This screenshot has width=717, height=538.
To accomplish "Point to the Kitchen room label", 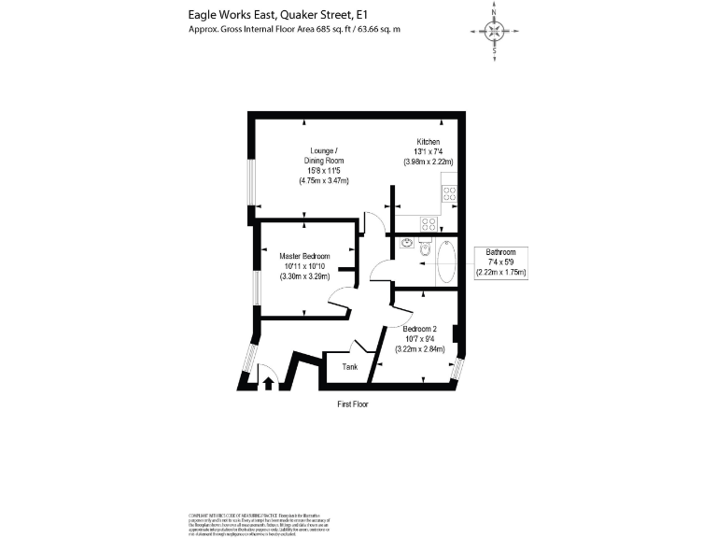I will tap(428, 141).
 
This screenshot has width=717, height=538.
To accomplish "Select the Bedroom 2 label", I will tap(419, 329).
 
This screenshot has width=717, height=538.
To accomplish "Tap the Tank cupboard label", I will tap(350, 367).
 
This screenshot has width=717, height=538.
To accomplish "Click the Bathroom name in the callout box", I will tap(501, 252).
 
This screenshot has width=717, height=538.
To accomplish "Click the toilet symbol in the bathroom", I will tap(425, 249).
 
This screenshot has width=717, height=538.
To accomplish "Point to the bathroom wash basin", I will tap(406, 245).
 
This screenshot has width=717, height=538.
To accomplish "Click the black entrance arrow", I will tap(268, 381).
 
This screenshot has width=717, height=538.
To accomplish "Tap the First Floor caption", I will tap(354, 405).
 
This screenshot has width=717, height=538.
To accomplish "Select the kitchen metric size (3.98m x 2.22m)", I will tap(428, 162).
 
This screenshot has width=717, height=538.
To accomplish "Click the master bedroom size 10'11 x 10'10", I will tap(304, 265).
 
